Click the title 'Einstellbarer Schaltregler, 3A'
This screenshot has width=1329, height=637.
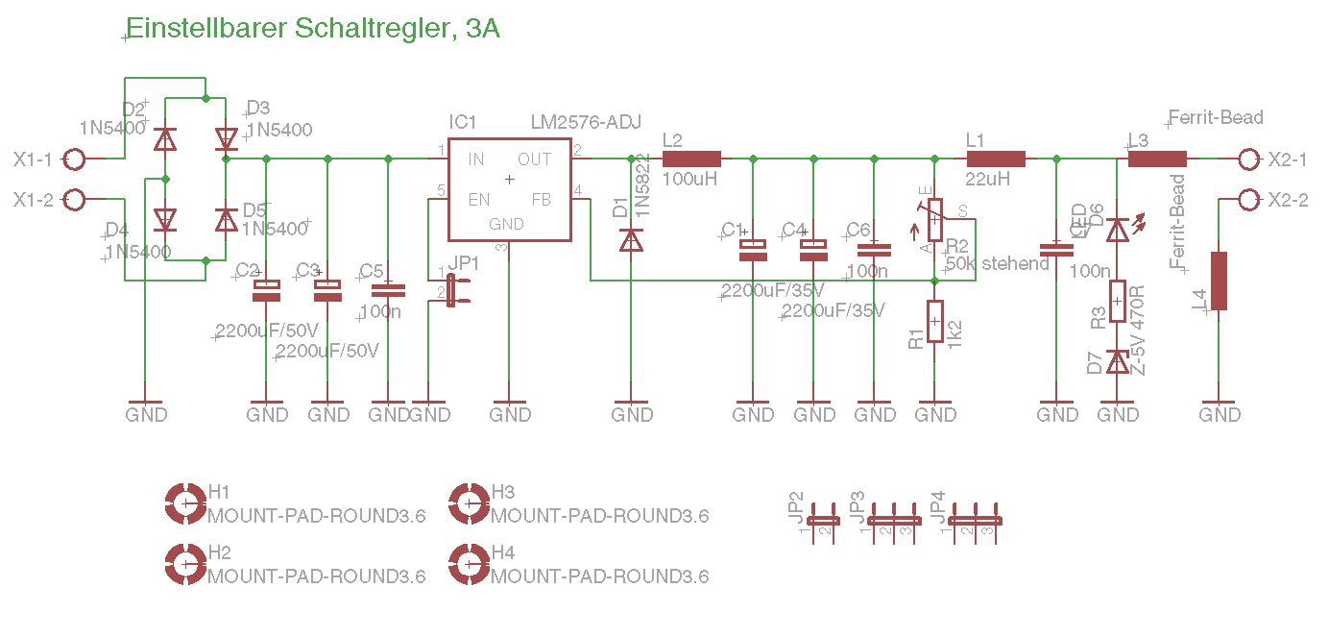click(313, 29)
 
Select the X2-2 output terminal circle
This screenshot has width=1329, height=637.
click(1247, 200)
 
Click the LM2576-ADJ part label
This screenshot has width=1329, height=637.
click(586, 122)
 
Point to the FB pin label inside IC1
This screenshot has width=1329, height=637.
click(542, 200)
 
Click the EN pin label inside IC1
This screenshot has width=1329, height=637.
click(478, 200)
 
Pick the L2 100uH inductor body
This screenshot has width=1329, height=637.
click(691, 159)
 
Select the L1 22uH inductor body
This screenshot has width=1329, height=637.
click(996, 159)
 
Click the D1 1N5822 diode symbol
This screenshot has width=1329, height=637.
click(631, 239)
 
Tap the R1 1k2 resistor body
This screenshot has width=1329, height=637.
click(935, 320)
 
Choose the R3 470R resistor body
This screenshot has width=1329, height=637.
click(1118, 300)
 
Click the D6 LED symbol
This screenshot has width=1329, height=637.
click(1118, 231)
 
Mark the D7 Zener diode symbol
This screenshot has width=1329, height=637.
click(1118, 361)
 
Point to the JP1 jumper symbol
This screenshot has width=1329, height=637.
click(453, 289)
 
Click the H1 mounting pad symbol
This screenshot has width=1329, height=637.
click(183, 502)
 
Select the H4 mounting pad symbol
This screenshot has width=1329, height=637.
click(468, 563)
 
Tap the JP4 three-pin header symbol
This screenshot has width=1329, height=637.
click(976, 520)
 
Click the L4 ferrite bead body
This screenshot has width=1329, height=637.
click(1219, 281)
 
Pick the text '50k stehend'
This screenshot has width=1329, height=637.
click(998, 263)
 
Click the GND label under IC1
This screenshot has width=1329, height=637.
click(510, 414)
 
